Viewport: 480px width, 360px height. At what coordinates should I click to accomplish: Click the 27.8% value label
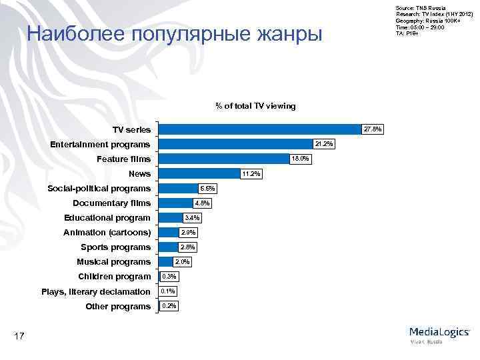(x=372, y=129)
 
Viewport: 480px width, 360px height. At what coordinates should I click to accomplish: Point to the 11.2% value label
(x=251, y=174)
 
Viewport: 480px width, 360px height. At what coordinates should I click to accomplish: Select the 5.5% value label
(x=207, y=189)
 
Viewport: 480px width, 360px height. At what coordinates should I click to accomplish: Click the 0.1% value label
(x=169, y=291)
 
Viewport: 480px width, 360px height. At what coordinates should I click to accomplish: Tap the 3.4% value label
(x=192, y=218)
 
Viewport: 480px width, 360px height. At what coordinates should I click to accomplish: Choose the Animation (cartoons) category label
(x=107, y=233)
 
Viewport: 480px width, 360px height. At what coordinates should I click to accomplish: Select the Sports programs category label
(x=115, y=247)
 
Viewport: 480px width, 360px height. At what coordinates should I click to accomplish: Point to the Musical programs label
(x=113, y=262)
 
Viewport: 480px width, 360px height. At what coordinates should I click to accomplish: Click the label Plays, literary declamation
(x=96, y=292)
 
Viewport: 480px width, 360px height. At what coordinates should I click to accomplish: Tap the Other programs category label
(x=118, y=307)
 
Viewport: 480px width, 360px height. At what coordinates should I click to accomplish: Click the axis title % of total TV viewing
(x=255, y=106)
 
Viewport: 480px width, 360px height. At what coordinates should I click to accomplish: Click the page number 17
(x=20, y=337)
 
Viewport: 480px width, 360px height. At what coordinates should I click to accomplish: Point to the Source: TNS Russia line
(x=417, y=6)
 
